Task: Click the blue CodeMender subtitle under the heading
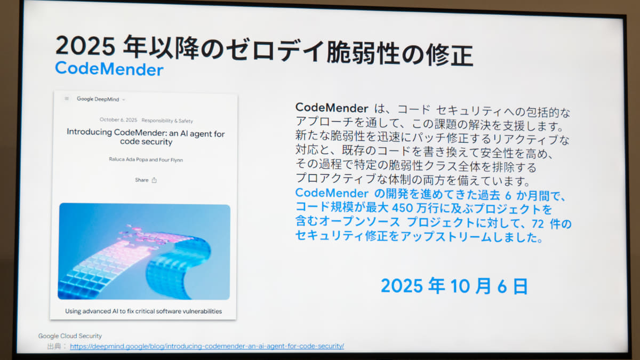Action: pyautogui.click(x=109, y=69)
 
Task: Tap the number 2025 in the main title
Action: pyautogui.click(x=86, y=46)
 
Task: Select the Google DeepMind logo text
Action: pyautogui.click(x=98, y=99)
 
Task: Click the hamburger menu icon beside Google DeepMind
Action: pyautogui.click(x=67, y=99)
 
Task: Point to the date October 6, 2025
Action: pyautogui.click(x=118, y=120)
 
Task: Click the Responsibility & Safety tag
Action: pyautogui.click(x=167, y=121)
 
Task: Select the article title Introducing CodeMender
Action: pyautogui.click(x=146, y=137)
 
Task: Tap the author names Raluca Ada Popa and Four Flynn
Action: pyautogui.click(x=146, y=159)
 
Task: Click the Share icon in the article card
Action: pyautogui.click(x=154, y=180)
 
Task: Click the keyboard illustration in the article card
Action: pyautogui.click(x=144, y=251)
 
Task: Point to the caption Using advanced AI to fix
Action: pyautogui.click(x=143, y=311)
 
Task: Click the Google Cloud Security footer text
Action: pyautogui.click(x=70, y=336)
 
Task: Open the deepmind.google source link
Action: pyautogui.click(x=207, y=346)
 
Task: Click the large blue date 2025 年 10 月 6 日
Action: pyautogui.click(x=454, y=286)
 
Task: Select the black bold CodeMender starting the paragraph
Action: pyautogui.click(x=332, y=108)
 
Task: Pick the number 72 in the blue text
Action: pyautogui.click(x=538, y=224)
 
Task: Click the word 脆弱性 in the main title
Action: pyautogui.click(x=363, y=53)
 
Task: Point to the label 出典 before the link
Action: pyautogui.click(x=54, y=346)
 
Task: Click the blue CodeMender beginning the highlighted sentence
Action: pyautogui.click(x=332, y=193)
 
